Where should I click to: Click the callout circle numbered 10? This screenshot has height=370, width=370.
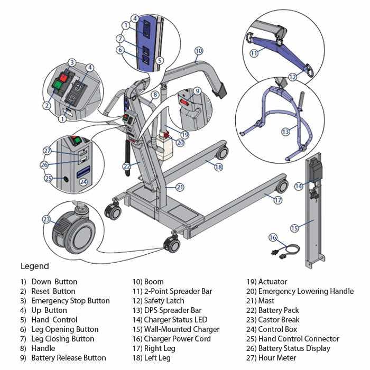coord(198,51)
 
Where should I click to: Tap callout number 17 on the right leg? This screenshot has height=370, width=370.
coord(278,200)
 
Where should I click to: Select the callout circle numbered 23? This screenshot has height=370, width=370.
coord(47,219)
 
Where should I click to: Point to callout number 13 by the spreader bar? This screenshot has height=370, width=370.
coord(285,132)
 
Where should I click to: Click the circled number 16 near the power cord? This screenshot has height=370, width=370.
coord(273,237)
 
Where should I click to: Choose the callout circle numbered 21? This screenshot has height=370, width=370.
coord(180,187)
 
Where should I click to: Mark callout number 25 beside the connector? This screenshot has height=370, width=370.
coord(49,179)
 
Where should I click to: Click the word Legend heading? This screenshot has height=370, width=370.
coord(34,266)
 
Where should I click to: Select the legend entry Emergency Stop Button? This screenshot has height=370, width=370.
coord(70,301)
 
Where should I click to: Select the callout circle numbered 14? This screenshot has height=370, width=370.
coord(299,186)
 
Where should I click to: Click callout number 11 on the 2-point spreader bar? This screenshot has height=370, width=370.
coord(254,53)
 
